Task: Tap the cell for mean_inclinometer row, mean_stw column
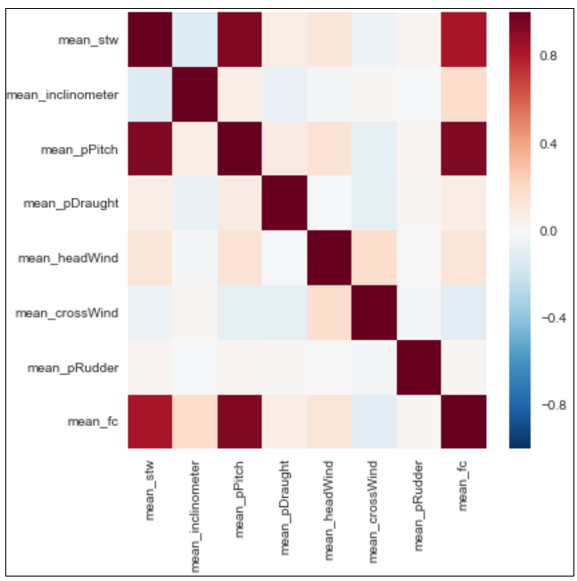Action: pos(151,94)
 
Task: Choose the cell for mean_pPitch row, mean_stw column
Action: pos(151,148)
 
